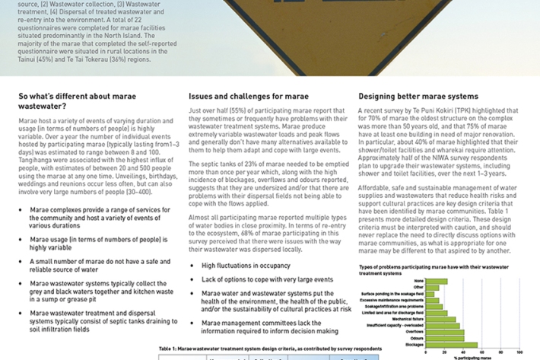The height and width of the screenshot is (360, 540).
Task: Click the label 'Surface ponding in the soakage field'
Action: coord(392,293)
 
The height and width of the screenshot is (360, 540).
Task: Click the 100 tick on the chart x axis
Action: coord(519,352)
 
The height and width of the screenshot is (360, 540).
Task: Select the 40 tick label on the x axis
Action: coord(463,352)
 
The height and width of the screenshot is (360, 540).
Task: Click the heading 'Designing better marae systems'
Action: coord(418,97)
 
